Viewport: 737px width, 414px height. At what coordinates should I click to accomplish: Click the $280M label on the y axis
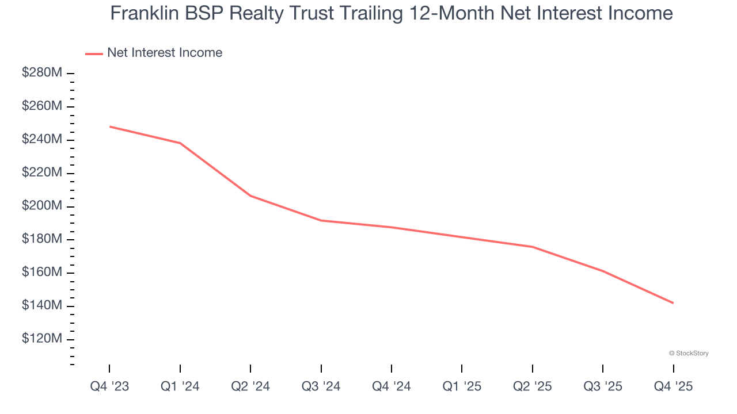coord(42,73)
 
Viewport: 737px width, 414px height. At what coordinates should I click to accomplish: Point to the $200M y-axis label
coord(42,206)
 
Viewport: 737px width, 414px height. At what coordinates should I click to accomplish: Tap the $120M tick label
coord(42,339)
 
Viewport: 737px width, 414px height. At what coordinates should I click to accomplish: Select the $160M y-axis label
coord(42,272)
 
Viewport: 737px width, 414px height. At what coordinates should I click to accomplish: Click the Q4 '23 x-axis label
coord(109,386)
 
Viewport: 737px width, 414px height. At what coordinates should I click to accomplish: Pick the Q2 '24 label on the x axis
coord(250,386)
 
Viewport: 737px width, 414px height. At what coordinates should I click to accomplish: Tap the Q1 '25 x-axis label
coord(462,386)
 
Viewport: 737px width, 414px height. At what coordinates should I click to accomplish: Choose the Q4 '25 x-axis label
coord(673,386)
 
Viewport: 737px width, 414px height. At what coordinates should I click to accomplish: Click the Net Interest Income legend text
coord(164,53)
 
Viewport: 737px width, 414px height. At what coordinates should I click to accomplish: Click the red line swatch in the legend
coord(94,53)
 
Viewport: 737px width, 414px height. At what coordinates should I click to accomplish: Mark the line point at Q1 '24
coord(180,143)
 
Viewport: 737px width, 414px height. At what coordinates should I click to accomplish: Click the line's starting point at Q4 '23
coord(109,126)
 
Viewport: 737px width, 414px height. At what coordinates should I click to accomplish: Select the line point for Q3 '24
coord(321,220)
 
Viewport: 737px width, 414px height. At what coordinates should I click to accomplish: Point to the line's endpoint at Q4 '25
coord(673,303)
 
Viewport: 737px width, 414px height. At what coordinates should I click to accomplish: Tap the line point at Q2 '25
coord(532,247)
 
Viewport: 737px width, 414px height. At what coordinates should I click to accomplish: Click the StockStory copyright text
coord(689,353)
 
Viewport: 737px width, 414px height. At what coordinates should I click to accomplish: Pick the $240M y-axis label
coord(42,139)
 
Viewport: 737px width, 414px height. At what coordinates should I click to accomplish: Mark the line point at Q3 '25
coord(603,271)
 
